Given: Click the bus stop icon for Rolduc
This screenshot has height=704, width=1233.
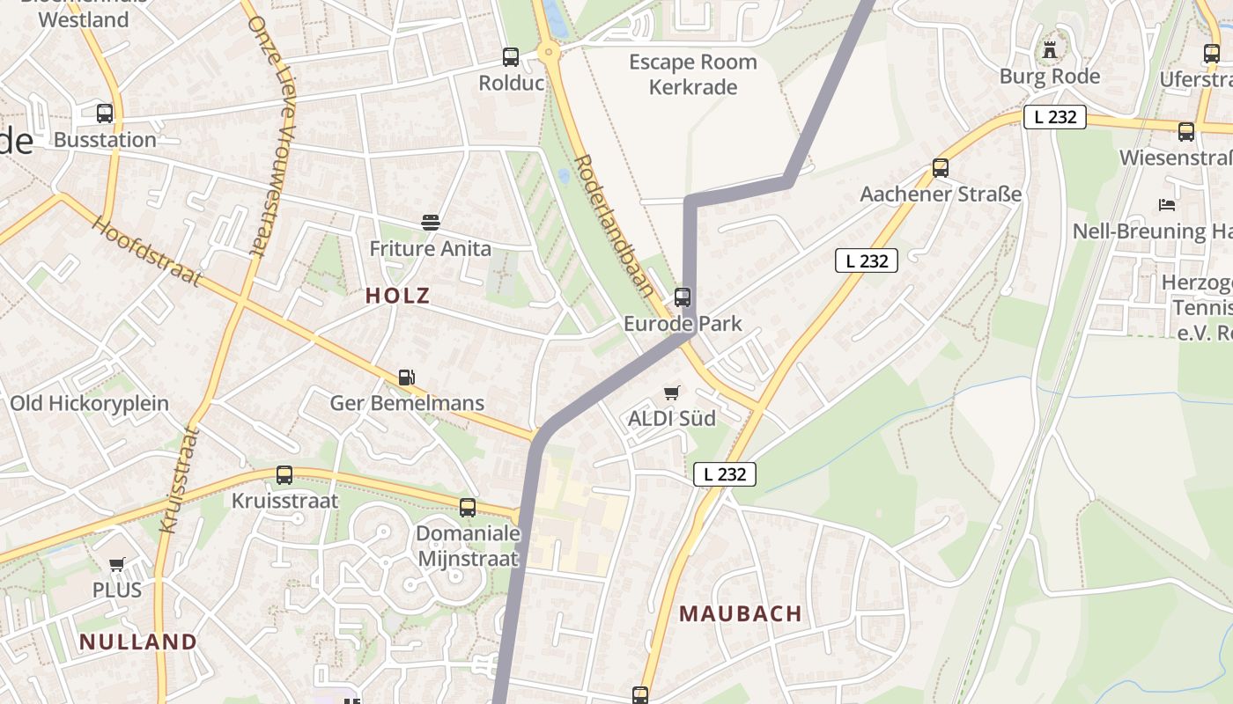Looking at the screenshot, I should tap(511, 57).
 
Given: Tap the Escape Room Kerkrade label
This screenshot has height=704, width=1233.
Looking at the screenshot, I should tap(693, 75).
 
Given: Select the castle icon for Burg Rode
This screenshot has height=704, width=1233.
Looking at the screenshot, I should tap(1049, 50).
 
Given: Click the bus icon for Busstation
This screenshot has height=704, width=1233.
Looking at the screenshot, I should tap(105, 114).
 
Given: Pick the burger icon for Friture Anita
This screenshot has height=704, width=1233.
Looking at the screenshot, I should tap(430, 223).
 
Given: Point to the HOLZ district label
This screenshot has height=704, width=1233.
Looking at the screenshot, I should tap(398, 296).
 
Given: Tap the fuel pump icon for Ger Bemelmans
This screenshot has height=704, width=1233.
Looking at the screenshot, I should tap(406, 378).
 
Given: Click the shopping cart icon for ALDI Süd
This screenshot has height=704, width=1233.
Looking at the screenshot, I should tap(672, 392).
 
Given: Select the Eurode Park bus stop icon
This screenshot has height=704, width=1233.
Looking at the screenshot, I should tap(683, 297).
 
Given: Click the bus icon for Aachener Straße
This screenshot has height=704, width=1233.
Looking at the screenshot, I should tap(941, 168).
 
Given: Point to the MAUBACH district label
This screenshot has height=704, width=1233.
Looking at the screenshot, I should tap(741, 614).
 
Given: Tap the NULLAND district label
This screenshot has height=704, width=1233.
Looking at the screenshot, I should tap(138, 642).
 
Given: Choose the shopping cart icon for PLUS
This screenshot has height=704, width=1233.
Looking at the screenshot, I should tap(117, 564).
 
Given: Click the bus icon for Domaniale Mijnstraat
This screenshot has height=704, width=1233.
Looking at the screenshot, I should tap(468, 508).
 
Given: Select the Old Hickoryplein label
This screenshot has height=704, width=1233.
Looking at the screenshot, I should tap(89, 404).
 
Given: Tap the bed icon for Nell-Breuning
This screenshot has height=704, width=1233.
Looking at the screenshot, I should tap(1167, 205).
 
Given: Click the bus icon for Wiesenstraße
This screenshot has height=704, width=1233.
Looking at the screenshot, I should tap(1186, 132).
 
